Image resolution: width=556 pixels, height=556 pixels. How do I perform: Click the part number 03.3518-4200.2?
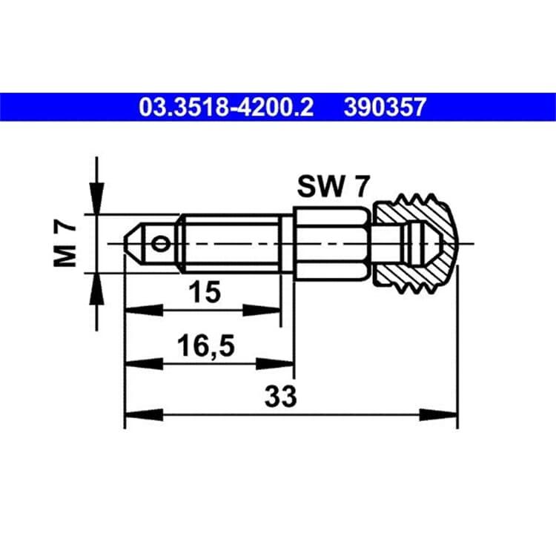coord(226,107)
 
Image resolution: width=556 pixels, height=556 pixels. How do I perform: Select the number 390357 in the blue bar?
coord(385,107)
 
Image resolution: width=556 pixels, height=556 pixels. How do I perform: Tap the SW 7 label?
coord(334,187)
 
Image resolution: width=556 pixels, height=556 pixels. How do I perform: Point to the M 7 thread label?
coord(64,245)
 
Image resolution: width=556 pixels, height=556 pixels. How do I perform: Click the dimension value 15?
coord(205,291)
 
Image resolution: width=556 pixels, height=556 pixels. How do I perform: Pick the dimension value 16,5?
coord(206,346)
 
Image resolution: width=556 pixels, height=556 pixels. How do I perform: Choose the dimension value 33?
coord(280,397)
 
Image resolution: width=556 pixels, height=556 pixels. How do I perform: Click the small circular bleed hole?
coord(160,244)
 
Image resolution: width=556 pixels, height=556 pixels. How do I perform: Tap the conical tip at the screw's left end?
coord(134,244)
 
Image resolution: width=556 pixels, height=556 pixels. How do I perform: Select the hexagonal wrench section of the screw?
coord(331,244)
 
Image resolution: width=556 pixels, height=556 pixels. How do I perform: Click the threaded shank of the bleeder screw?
coord(231,244)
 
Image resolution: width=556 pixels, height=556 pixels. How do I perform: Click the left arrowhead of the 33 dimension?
coord(144,415)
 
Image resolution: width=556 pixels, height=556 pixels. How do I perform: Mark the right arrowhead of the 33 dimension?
coord(438,415)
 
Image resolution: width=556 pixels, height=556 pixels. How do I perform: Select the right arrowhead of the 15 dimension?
coord(262,311)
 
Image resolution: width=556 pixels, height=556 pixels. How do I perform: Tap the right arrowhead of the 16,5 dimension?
coord(274,364)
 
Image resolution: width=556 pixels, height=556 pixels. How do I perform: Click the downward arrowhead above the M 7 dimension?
coord(97,198)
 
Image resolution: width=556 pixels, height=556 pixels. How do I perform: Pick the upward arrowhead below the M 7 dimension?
coord(97,289)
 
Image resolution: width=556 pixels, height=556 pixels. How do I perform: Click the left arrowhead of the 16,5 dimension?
coord(144,364)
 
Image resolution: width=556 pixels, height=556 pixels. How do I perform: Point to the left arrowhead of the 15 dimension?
coord(144,311)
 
